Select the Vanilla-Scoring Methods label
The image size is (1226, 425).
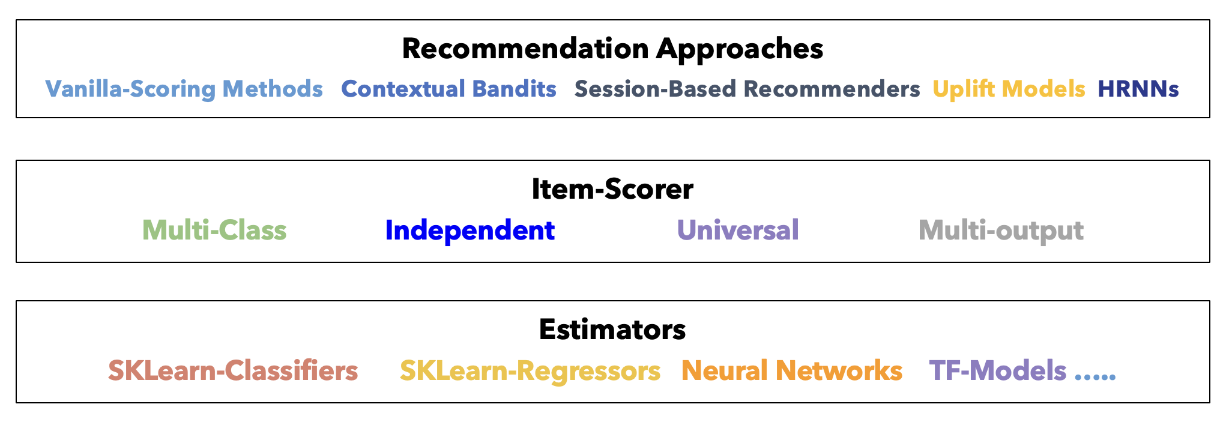184,89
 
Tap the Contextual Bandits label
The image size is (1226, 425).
448,89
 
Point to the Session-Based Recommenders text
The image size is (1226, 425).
747,89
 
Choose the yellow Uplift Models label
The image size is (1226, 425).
1009,89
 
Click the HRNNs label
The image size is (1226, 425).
1138,89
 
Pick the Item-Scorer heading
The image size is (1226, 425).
612,189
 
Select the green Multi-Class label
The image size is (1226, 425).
214,231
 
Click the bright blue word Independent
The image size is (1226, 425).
470,231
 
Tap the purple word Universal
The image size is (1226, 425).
738,231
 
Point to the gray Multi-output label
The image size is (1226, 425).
1001,231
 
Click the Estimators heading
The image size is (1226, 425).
612,330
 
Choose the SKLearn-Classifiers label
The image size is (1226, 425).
233,371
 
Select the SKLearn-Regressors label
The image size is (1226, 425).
530,372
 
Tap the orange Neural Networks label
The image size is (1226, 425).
792,371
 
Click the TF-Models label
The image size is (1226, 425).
998,371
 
